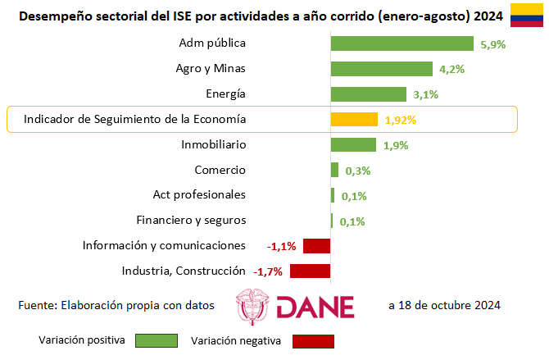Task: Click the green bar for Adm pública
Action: (x=402, y=43)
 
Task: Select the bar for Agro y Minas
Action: (x=382, y=69)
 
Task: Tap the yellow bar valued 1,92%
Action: (x=354, y=119)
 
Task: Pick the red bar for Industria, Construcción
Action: (x=311, y=271)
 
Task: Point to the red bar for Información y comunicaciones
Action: (x=317, y=246)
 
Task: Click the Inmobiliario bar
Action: (x=354, y=145)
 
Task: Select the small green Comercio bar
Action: (x=334, y=170)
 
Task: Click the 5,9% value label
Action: (x=493, y=44)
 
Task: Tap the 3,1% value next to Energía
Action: (x=426, y=94)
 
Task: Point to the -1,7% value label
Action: (x=268, y=271)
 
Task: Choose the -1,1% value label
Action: (x=282, y=247)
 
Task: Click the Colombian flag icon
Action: (x=527, y=15)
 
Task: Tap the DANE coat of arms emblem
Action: (x=252, y=307)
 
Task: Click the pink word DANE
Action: (x=315, y=307)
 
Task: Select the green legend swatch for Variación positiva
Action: (x=157, y=340)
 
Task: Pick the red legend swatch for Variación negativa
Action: (x=313, y=341)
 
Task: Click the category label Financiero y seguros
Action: (x=191, y=220)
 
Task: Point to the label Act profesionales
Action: (x=199, y=194)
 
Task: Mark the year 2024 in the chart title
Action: (x=488, y=16)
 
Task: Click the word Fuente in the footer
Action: (x=38, y=305)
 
